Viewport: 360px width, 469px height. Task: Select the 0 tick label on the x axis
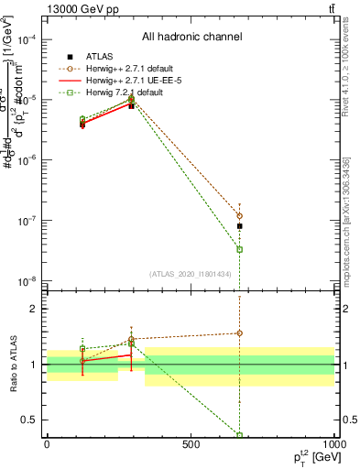click(47, 446)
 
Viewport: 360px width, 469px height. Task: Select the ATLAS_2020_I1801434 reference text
click(191, 274)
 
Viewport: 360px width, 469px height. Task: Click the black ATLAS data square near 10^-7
click(239, 225)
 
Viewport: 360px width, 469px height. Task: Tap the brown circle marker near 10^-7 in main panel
click(239, 215)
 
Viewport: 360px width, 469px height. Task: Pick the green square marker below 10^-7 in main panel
click(239, 249)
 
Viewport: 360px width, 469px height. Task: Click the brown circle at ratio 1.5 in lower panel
click(239, 333)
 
